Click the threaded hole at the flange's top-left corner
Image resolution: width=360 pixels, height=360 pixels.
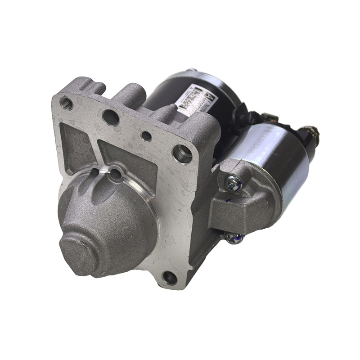click(x=66, y=103)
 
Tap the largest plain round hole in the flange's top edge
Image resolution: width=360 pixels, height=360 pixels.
click(x=111, y=117)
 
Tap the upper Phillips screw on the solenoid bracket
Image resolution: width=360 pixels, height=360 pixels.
click(x=233, y=183)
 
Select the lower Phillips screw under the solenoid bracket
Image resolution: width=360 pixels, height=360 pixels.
click(x=234, y=237)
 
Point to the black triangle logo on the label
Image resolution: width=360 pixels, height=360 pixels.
click(x=209, y=95)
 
